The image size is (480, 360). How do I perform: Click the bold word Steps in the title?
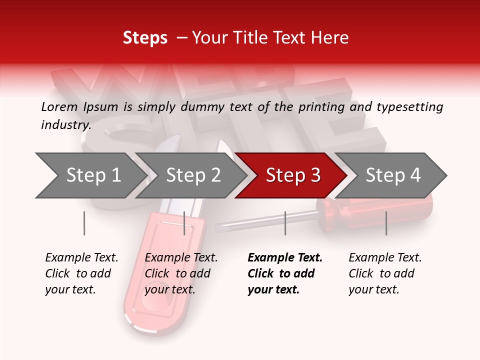pos(145,38)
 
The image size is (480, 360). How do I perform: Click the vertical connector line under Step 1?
pos(84,223)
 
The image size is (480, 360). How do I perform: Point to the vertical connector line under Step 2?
pos(184,223)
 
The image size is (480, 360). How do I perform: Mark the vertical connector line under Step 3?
pos(285,223)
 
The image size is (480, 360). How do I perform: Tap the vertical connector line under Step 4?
pos(386,223)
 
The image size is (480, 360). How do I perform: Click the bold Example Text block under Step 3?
pos(285,273)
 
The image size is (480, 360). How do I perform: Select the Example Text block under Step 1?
pos(81,273)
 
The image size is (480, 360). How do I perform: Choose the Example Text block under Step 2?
pos(181,273)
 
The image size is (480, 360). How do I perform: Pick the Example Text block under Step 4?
pos(385,273)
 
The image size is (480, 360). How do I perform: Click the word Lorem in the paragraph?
pos(60,106)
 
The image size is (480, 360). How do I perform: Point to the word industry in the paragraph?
pos(65,124)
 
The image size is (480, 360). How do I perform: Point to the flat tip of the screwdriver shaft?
pos(220,228)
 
